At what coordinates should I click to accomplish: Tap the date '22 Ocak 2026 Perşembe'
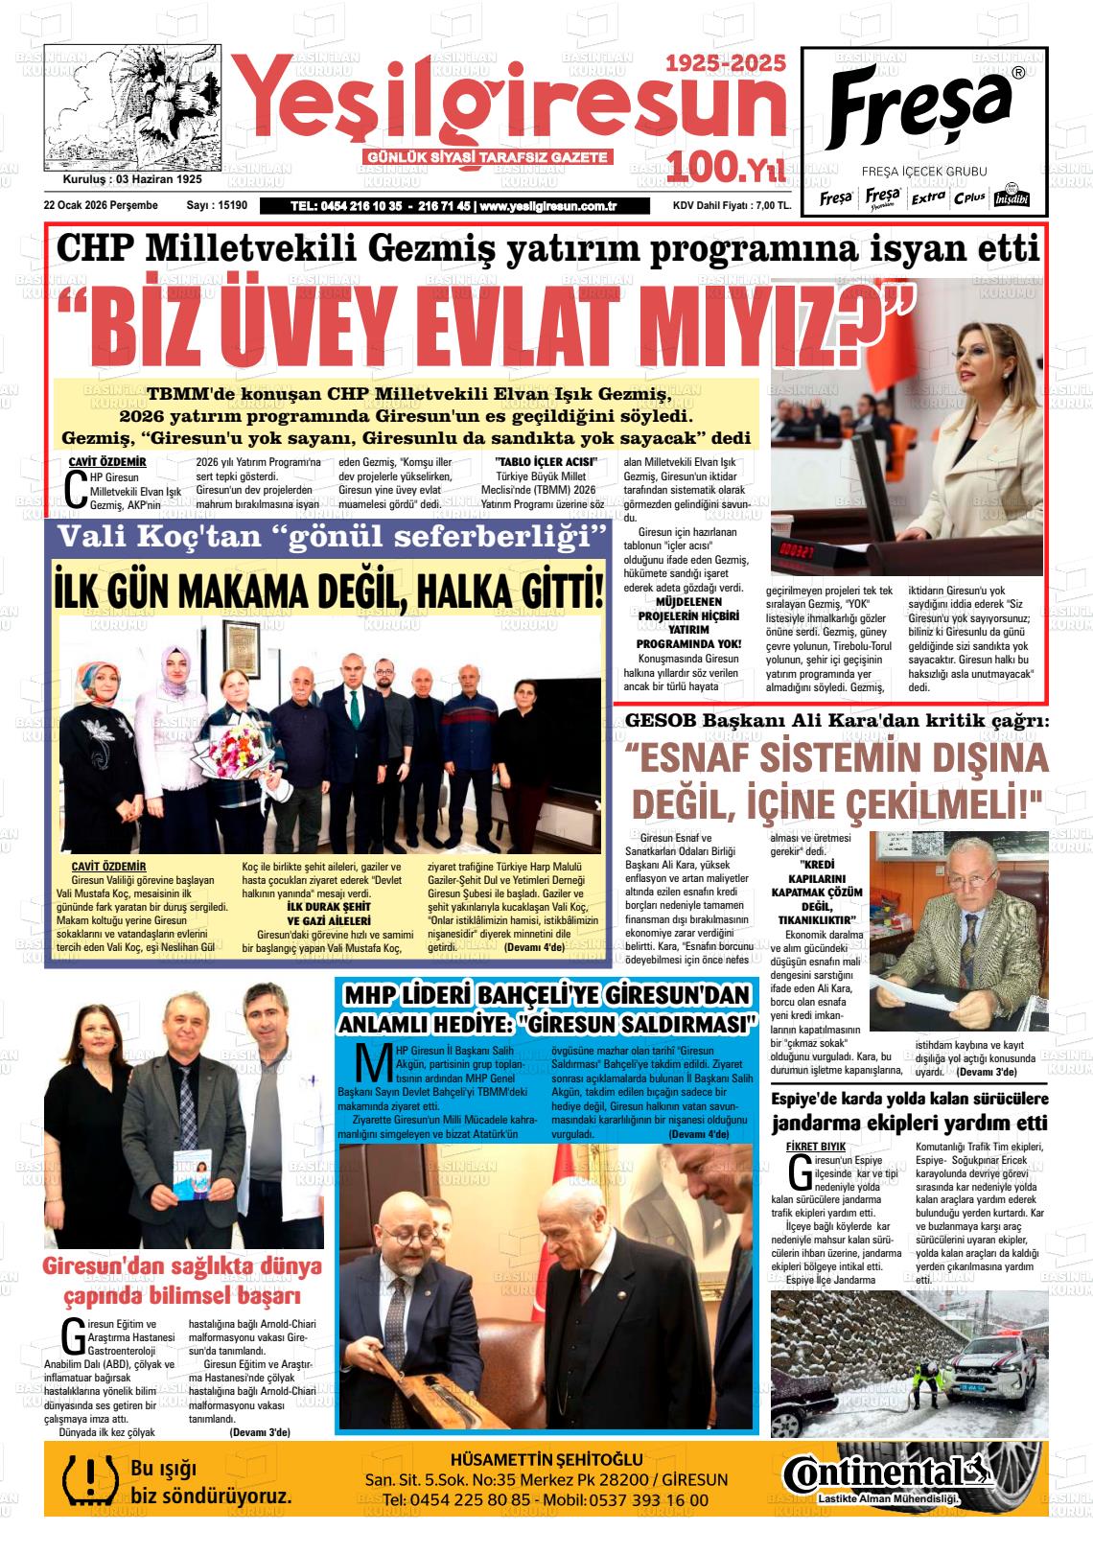coord(101,205)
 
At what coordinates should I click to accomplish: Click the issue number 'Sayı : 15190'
coord(217,205)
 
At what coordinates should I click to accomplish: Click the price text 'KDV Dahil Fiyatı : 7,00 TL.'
coord(731,205)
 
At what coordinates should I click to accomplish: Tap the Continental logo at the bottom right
coord(884,1473)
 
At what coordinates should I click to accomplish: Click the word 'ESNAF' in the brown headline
coord(713,758)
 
